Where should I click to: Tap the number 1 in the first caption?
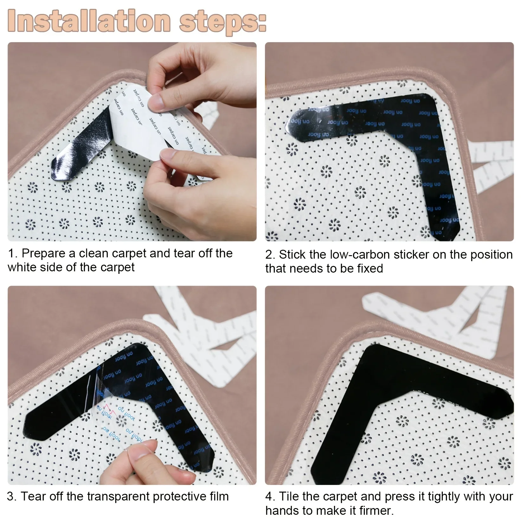pyautogui.click(x=11, y=254)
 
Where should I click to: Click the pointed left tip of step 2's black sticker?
pyautogui.click(x=288, y=122)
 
